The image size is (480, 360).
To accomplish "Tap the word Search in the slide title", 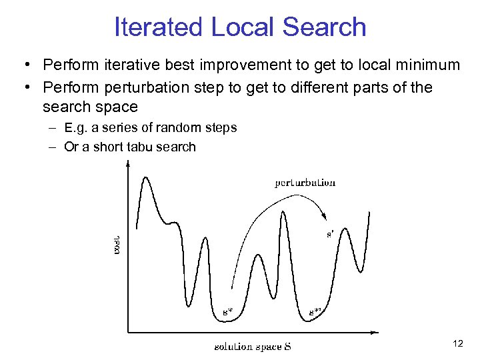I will coord(324,27).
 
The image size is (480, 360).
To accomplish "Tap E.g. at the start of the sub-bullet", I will coord(76,127).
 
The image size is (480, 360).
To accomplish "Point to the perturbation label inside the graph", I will coord(305,183).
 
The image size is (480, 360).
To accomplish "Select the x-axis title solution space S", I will coord(253,346).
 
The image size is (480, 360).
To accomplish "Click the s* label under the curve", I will coord(227,311).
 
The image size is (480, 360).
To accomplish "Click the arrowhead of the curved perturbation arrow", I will coord(324,215).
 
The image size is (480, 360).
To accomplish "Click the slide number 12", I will coord(457,343).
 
